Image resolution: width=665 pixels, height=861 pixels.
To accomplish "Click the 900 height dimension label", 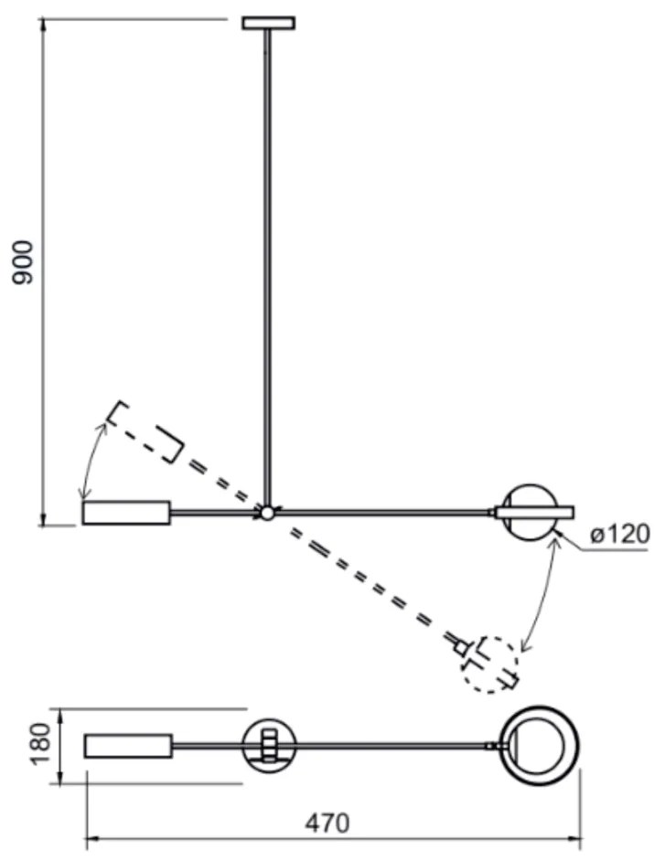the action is point(23,262).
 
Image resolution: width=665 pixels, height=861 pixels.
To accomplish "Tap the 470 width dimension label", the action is point(327,824).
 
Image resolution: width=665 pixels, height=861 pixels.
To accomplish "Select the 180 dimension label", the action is point(39,744).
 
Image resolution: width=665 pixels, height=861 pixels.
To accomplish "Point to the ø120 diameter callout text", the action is point(620,535).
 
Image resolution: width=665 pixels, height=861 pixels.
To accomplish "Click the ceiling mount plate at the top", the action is point(269,23).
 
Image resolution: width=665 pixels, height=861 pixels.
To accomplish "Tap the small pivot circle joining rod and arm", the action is point(267,514).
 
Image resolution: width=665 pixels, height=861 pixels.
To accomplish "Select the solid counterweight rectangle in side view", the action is point(126,513).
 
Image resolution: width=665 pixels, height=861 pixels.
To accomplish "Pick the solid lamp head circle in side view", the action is point(530,514).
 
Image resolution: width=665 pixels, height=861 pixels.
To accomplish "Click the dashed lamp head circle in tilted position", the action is point(489,664).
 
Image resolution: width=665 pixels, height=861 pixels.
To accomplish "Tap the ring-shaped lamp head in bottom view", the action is point(539,746).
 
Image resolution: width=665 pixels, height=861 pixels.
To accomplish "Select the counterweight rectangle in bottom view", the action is point(128,746).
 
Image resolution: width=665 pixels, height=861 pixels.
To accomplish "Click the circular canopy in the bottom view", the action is point(269,746).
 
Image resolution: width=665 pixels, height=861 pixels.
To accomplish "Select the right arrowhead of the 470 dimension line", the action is point(574,839).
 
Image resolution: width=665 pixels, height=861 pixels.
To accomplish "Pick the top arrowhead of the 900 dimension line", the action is point(42,26).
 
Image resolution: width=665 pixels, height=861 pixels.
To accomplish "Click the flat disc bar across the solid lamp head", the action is point(534,513).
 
